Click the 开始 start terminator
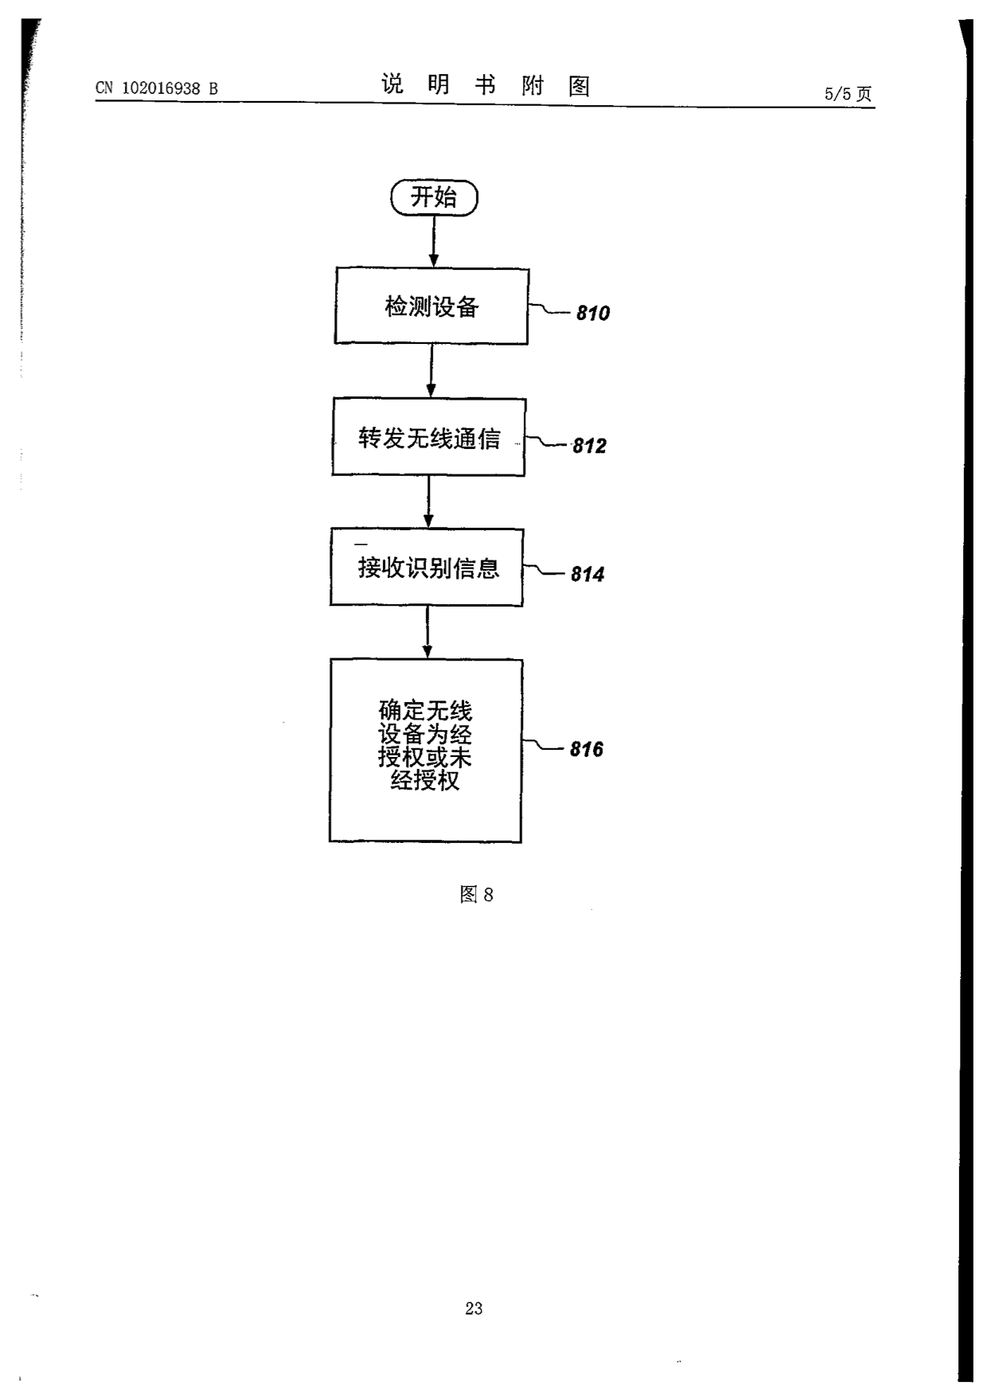coord(434,197)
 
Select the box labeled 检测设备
coord(431,306)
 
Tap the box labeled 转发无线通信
coord(429,437)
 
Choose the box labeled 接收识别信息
coord(427,568)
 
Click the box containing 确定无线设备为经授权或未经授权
coord(426,751)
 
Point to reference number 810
coord(593,314)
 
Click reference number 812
coord(590,446)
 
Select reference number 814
coord(587,574)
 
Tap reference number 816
coord(587,749)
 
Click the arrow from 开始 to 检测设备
coord(434,241)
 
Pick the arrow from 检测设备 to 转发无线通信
coord(431,371)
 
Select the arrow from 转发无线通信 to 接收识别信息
coord(429,501)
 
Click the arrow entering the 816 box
coord(427,632)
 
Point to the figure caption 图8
coord(477,895)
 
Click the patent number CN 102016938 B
coord(157,88)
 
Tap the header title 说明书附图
coord(486,84)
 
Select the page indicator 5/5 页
coord(849,94)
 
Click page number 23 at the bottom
coord(474,1308)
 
